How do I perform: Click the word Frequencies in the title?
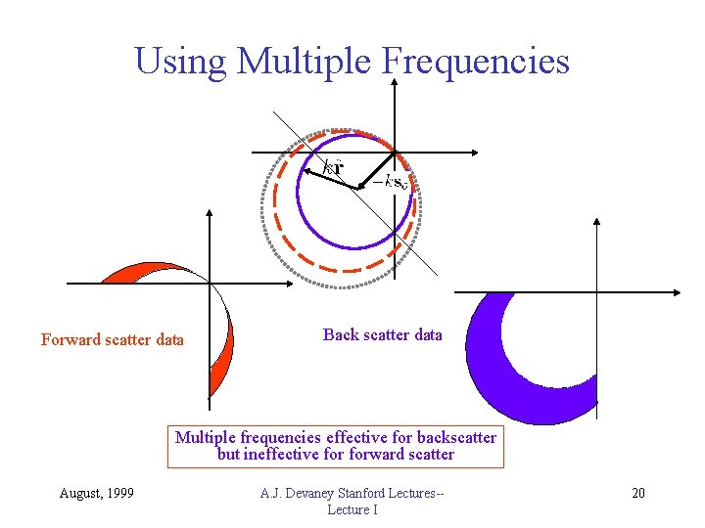(x=475, y=61)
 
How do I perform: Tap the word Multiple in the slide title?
(x=304, y=61)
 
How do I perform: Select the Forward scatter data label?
(x=113, y=340)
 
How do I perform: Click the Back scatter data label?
(x=382, y=334)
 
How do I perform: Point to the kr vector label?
(x=333, y=165)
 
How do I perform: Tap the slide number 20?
(x=637, y=492)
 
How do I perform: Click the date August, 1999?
(x=98, y=492)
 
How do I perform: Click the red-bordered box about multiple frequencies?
(x=336, y=446)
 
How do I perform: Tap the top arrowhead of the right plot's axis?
(x=597, y=222)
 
